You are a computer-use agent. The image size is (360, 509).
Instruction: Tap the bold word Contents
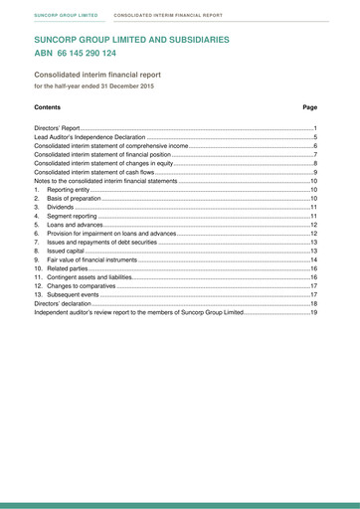click(x=47, y=106)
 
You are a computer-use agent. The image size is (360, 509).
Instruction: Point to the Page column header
click(x=309, y=106)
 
